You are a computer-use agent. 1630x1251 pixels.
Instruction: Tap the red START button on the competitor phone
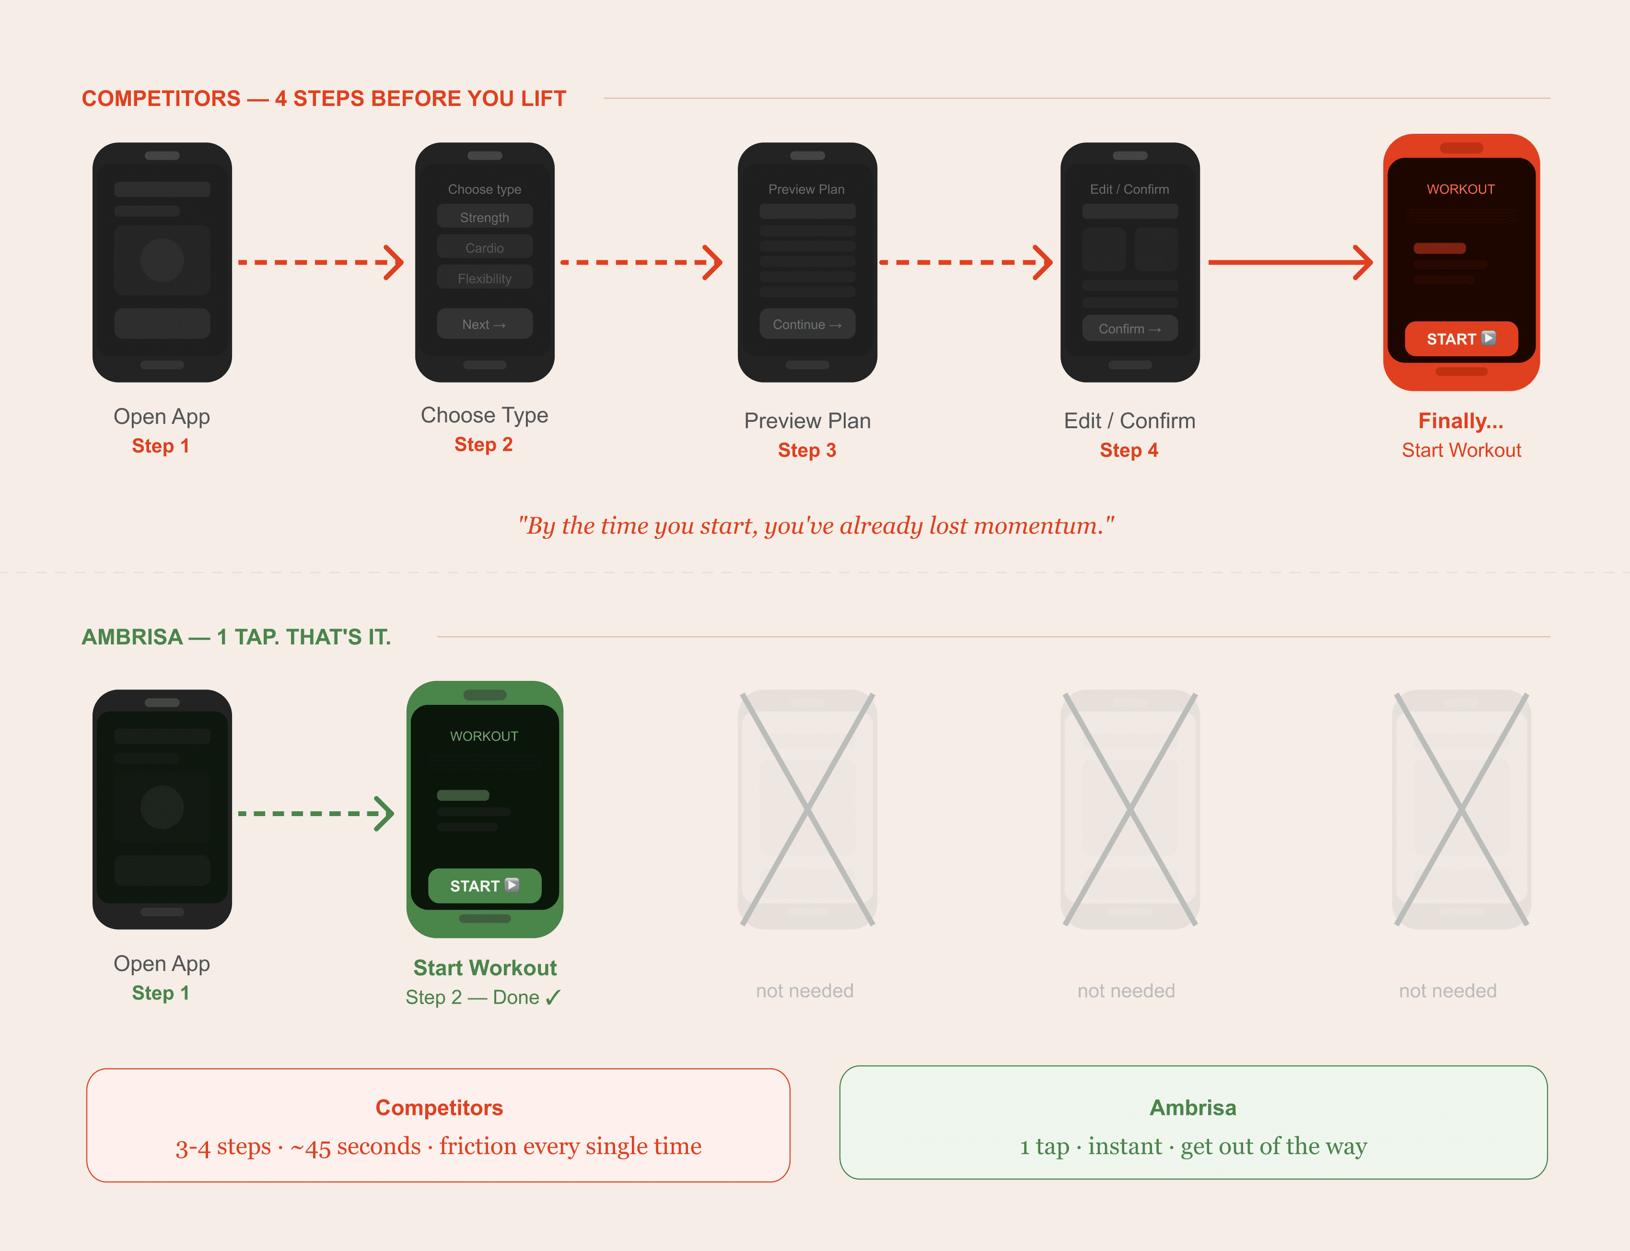pos(1460,339)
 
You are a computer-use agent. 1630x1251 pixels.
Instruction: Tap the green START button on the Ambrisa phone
pos(484,885)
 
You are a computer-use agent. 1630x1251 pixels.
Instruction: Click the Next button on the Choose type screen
pos(484,324)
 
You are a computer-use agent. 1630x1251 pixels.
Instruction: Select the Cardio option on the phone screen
pos(484,247)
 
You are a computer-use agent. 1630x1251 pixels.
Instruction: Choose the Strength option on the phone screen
pos(484,217)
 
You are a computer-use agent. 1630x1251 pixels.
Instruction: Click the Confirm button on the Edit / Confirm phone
pos(1129,328)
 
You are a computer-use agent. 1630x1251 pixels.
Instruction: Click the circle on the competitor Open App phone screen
pos(162,260)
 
